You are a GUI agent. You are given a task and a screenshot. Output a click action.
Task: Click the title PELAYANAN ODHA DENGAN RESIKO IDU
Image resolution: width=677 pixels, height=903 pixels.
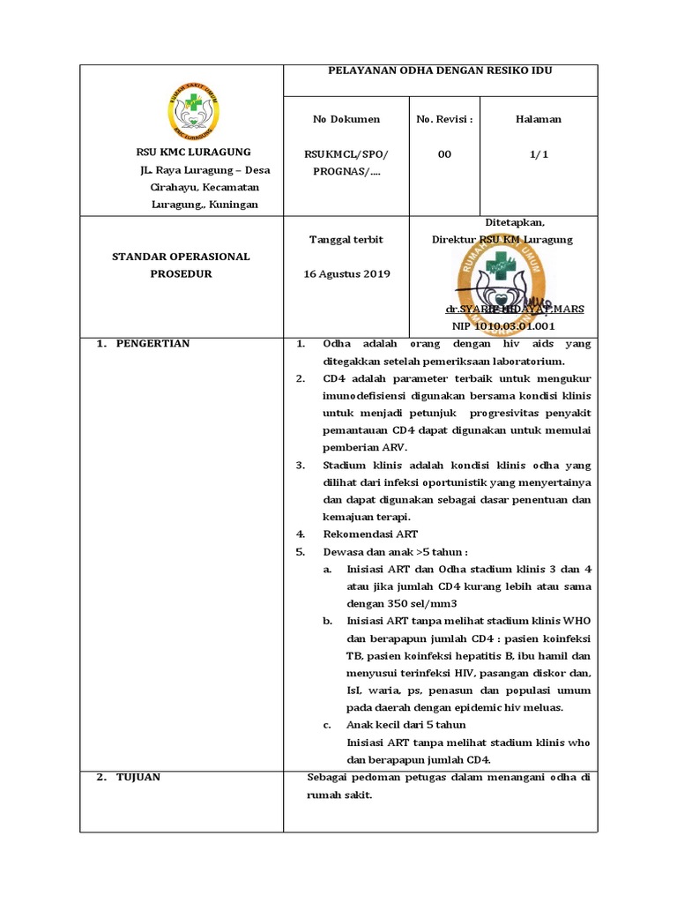coord(440,71)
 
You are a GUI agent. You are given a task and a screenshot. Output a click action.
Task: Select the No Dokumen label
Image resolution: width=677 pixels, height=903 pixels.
coord(346,119)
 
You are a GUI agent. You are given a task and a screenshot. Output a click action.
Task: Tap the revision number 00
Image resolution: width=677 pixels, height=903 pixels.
coord(444,154)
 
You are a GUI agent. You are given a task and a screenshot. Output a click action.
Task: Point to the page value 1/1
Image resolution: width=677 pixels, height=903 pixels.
coord(539,154)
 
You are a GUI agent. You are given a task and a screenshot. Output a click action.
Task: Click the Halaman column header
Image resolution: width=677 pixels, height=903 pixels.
coord(539,119)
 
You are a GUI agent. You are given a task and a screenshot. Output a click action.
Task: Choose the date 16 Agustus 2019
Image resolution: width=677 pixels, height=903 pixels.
coord(346,273)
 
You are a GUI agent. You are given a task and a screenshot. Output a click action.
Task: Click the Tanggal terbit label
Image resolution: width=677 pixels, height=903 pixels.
coord(346,239)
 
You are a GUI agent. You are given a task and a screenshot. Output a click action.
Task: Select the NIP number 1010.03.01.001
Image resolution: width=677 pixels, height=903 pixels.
coord(502,326)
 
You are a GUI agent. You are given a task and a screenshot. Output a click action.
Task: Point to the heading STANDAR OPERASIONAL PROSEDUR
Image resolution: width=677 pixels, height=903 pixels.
coord(181,265)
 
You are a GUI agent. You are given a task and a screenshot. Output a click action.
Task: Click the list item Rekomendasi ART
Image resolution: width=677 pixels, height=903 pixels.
coord(370,534)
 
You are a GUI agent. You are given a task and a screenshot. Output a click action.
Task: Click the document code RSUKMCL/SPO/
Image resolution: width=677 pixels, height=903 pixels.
coord(346,154)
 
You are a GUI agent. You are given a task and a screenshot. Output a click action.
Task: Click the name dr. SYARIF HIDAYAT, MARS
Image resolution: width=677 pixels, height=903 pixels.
coord(514,310)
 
